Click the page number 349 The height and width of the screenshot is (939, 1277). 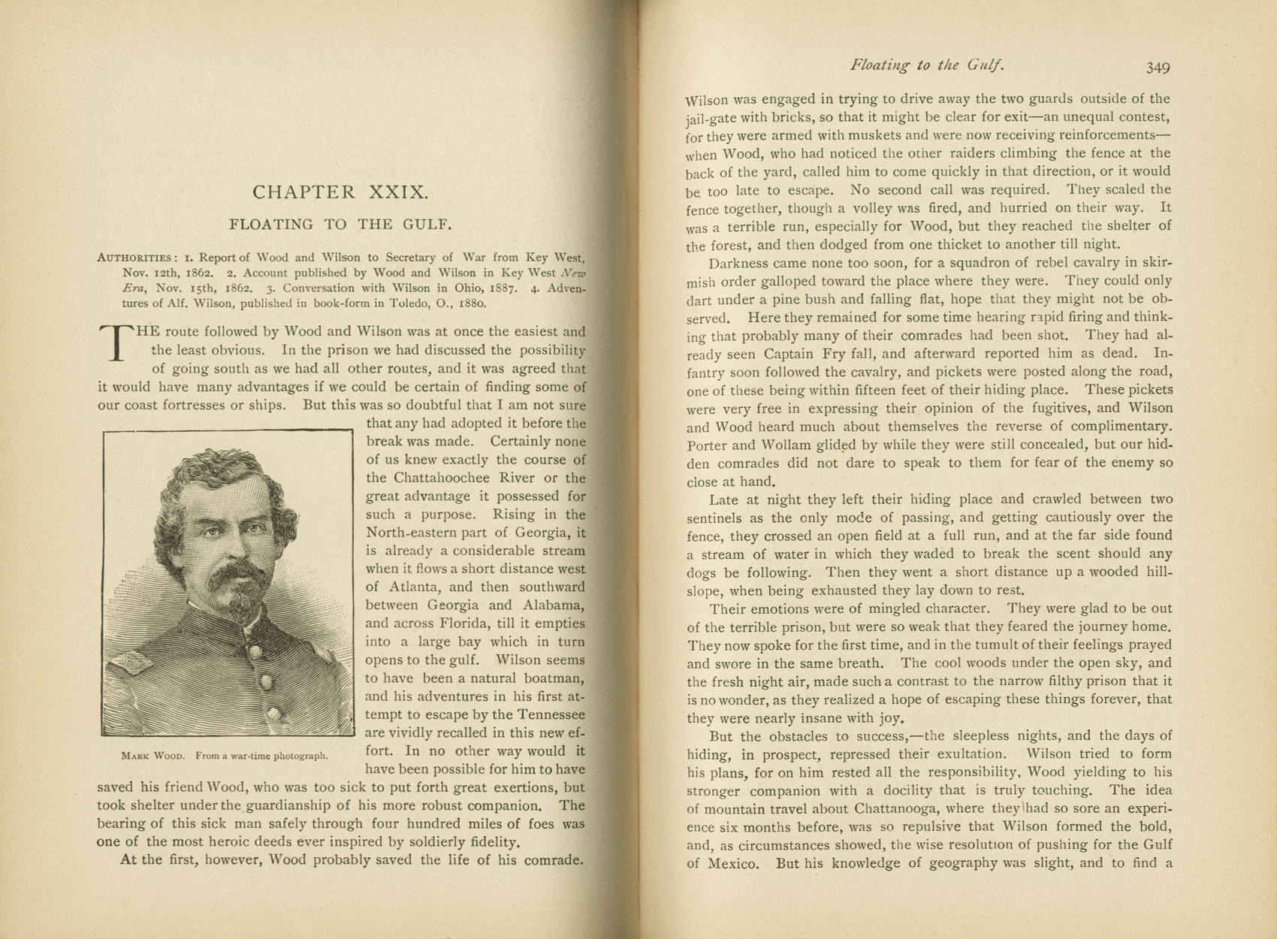tap(1158, 68)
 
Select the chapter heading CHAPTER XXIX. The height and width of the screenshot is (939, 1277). tap(340, 192)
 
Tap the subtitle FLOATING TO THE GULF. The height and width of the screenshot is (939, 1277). tap(340, 224)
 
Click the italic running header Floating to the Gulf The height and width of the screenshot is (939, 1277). tap(927, 65)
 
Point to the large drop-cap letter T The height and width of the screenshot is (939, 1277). tap(116, 342)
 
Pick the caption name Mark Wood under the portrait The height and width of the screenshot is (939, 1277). tap(152, 756)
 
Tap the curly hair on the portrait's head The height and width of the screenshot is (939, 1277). tap(218, 473)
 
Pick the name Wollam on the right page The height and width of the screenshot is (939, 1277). tap(781, 445)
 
